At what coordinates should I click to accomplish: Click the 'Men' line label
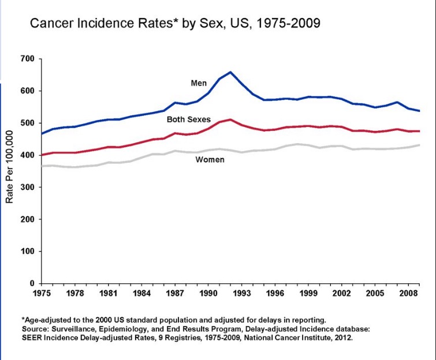[x=199, y=83]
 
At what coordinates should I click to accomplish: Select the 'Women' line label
[x=210, y=159]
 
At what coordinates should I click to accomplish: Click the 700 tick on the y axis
[x=28, y=59]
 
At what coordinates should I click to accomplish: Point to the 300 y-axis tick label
[x=28, y=187]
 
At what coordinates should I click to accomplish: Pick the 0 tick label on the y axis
[x=32, y=284]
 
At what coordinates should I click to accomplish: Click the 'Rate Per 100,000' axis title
[x=9, y=171]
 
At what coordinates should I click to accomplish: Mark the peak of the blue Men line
[x=230, y=72]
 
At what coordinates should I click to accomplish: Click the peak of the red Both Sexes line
[x=230, y=119]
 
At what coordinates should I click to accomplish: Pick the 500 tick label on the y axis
[x=28, y=123]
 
